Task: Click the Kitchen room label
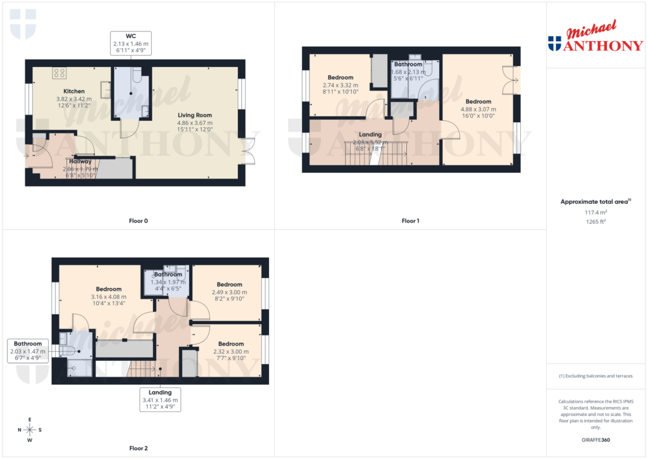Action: click(x=75, y=91)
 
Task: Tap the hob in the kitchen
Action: click(x=60, y=73)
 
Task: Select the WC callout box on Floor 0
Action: click(x=132, y=43)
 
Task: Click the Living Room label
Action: click(x=195, y=115)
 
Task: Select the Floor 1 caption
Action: click(x=410, y=221)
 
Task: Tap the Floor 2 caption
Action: click(x=138, y=448)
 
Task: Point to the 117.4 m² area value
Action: click(x=595, y=213)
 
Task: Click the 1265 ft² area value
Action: click(x=595, y=222)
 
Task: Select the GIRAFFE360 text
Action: click(x=595, y=440)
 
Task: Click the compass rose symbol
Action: click(x=30, y=430)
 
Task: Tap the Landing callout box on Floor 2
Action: click(x=161, y=400)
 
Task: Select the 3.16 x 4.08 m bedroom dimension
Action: click(x=109, y=296)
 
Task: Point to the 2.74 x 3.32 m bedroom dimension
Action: click(x=340, y=85)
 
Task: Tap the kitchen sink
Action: click(x=105, y=91)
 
